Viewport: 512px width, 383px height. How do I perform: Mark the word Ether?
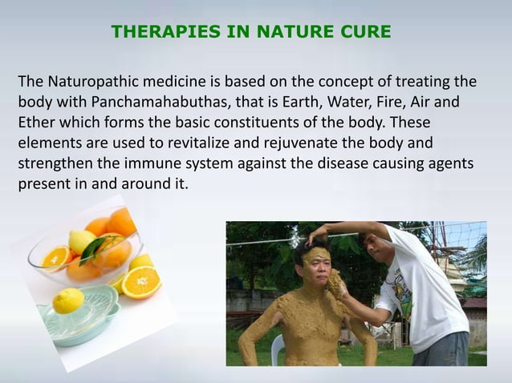36,124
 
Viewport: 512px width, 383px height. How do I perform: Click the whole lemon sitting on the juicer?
68,300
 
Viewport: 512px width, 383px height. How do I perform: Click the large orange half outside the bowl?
141,282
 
